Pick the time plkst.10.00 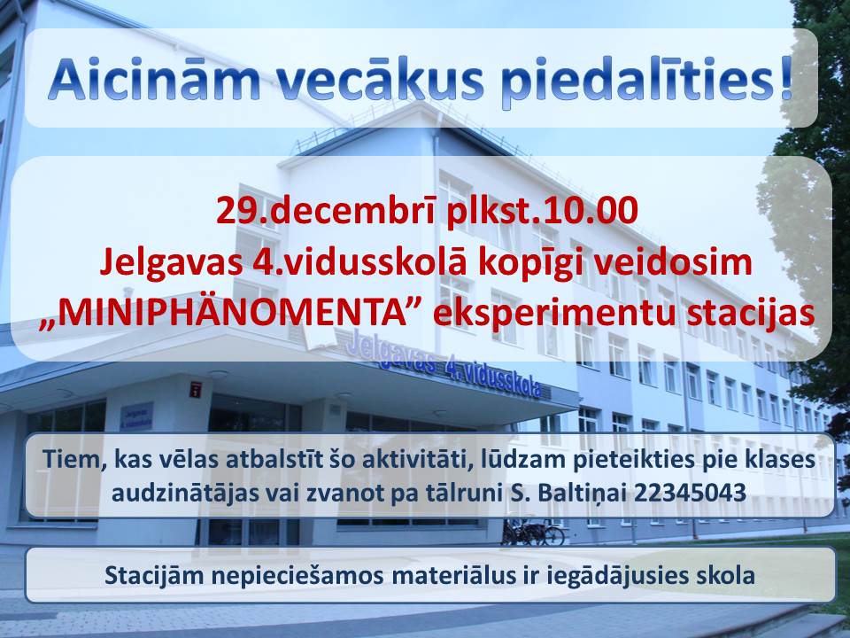[x=542, y=212]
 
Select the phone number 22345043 [x=690, y=494]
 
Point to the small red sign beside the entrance [x=196, y=389]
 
